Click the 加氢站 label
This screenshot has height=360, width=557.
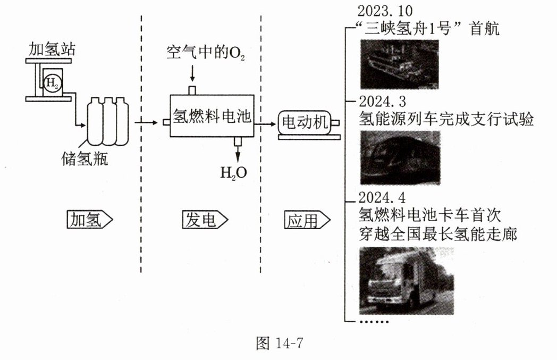pos(52,51)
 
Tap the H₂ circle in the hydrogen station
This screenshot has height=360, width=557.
pos(52,83)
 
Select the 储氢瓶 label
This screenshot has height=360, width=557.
pos(85,158)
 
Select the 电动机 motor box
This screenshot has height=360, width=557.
pos(305,123)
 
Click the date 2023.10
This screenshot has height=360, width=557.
pos(385,11)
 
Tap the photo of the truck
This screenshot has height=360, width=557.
pos(407,282)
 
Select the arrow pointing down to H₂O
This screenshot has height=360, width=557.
pos(237,154)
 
